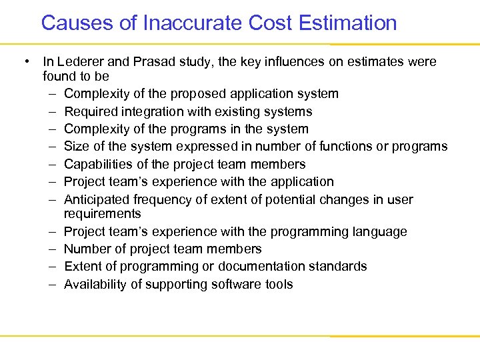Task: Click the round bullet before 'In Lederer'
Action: click(x=26, y=62)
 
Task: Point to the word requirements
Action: click(x=102, y=214)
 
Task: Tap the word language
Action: click(x=379, y=231)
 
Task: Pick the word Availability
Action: click(x=93, y=284)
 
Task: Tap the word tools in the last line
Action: click(x=279, y=284)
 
